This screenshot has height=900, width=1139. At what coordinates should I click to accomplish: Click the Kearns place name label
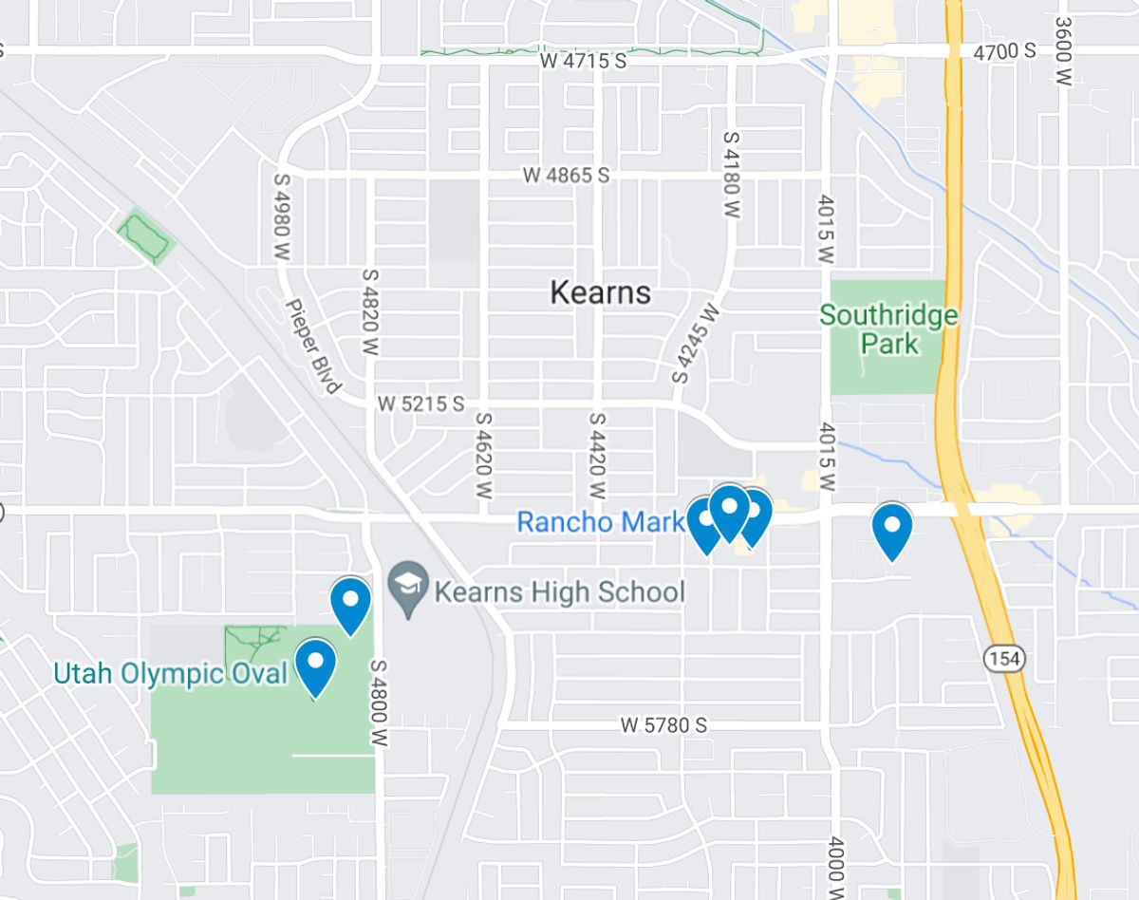[601, 292]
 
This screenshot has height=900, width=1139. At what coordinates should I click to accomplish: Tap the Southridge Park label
[888, 328]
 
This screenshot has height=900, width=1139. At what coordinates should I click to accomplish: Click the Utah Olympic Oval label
[170, 674]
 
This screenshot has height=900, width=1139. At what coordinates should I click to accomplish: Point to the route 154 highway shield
[1003, 658]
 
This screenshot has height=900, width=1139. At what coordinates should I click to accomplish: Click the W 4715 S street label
[584, 61]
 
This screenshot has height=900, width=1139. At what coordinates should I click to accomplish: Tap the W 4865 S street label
[566, 176]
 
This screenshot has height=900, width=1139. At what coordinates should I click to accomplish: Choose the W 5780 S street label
[664, 725]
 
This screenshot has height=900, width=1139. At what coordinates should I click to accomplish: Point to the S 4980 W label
[282, 216]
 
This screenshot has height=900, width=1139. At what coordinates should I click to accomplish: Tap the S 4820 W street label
[370, 311]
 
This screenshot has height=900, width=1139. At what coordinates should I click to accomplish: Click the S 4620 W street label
[484, 456]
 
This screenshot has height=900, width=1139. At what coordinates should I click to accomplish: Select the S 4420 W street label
[597, 456]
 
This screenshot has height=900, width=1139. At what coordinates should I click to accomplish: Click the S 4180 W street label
[730, 175]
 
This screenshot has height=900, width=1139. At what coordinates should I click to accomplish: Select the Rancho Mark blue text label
[600, 521]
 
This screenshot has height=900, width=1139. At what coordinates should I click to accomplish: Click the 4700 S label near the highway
[1005, 51]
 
